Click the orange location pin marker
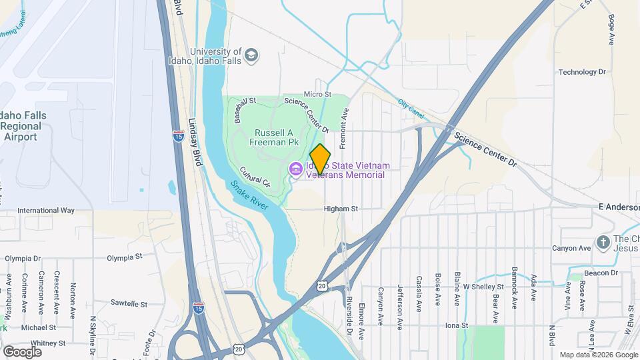click(321, 159)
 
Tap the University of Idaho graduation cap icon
click(251, 54)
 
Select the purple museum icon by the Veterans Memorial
click(295, 170)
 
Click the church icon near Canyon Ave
click(603, 242)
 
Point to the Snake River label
click(249, 195)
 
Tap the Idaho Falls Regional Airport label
click(23, 126)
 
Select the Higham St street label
click(341, 209)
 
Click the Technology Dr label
click(582, 72)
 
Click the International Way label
click(46, 210)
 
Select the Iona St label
click(457, 325)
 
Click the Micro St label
click(317, 95)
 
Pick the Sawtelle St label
click(129, 303)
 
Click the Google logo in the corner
click(22, 351)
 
